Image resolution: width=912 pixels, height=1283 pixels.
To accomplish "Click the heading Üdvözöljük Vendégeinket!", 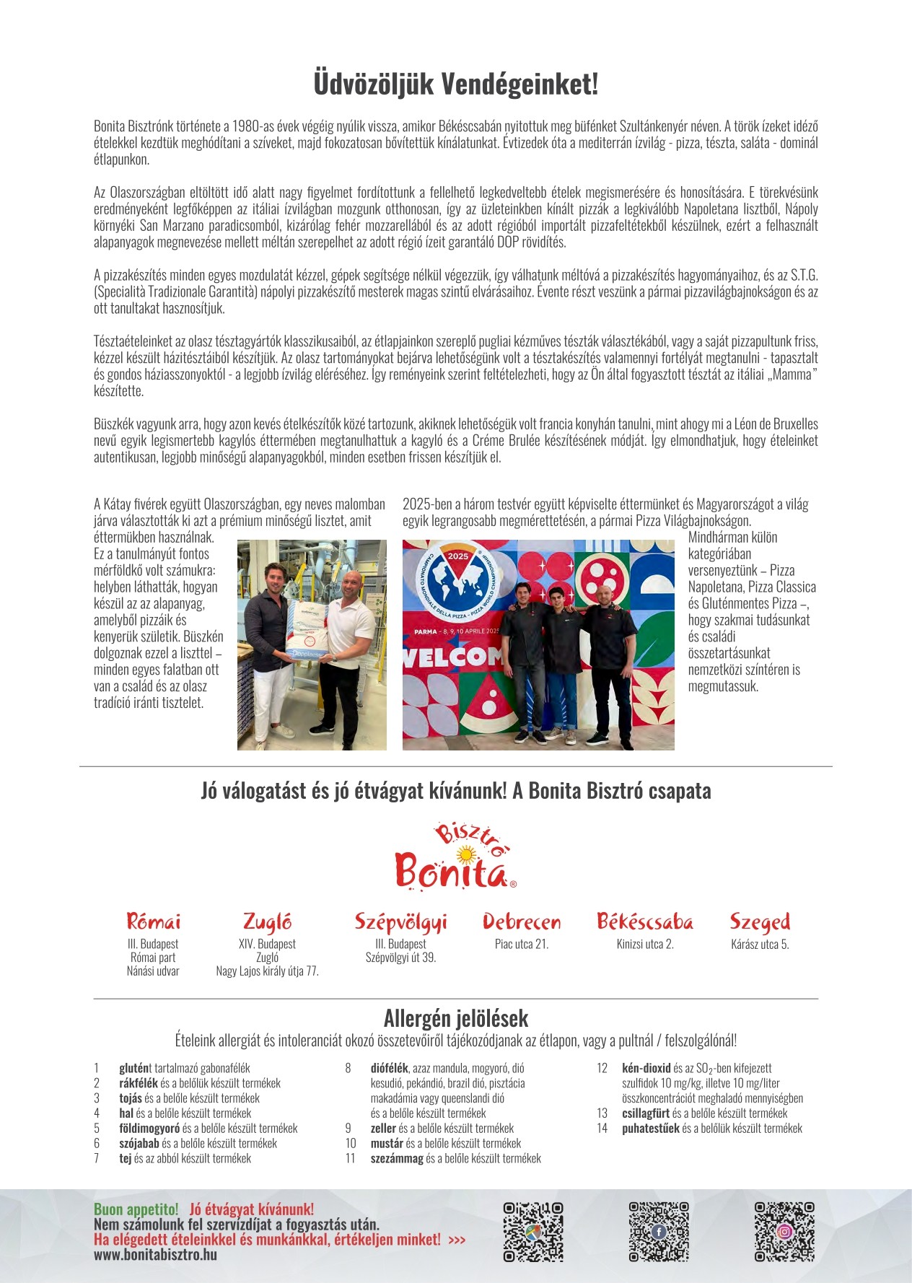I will [x=456, y=84].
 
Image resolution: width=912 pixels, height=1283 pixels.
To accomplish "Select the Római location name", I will [x=153, y=921].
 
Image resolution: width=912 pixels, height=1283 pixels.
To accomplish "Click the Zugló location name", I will [x=267, y=921].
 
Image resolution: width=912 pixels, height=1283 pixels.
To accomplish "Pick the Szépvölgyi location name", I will [x=400, y=922].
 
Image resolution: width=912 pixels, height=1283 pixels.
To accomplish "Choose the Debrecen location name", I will [x=522, y=921].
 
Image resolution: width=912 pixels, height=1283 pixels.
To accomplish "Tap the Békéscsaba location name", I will [x=645, y=921].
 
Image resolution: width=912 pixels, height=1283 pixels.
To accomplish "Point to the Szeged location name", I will [x=760, y=921].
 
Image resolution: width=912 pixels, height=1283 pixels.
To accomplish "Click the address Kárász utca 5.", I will [x=760, y=944].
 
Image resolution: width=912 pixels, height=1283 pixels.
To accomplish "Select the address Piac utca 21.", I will [x=522, y=944].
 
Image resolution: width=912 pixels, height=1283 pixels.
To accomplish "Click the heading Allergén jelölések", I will [x=456, y=1018].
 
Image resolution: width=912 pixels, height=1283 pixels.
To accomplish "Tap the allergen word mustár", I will [x=387, y=1143].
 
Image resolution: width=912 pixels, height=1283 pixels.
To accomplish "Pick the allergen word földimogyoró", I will [x=149, y=1128].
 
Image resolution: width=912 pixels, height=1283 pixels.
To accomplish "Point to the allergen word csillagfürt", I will [x=646, y=1113].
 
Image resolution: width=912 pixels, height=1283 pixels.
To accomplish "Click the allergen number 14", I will [x=602, y=1128].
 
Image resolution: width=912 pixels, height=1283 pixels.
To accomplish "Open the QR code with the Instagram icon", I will [x=784, y=1232].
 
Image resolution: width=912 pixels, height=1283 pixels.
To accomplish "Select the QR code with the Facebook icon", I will [x=659, y=1232].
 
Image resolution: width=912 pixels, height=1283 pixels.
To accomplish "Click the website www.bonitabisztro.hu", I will [x=155, y=1254].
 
